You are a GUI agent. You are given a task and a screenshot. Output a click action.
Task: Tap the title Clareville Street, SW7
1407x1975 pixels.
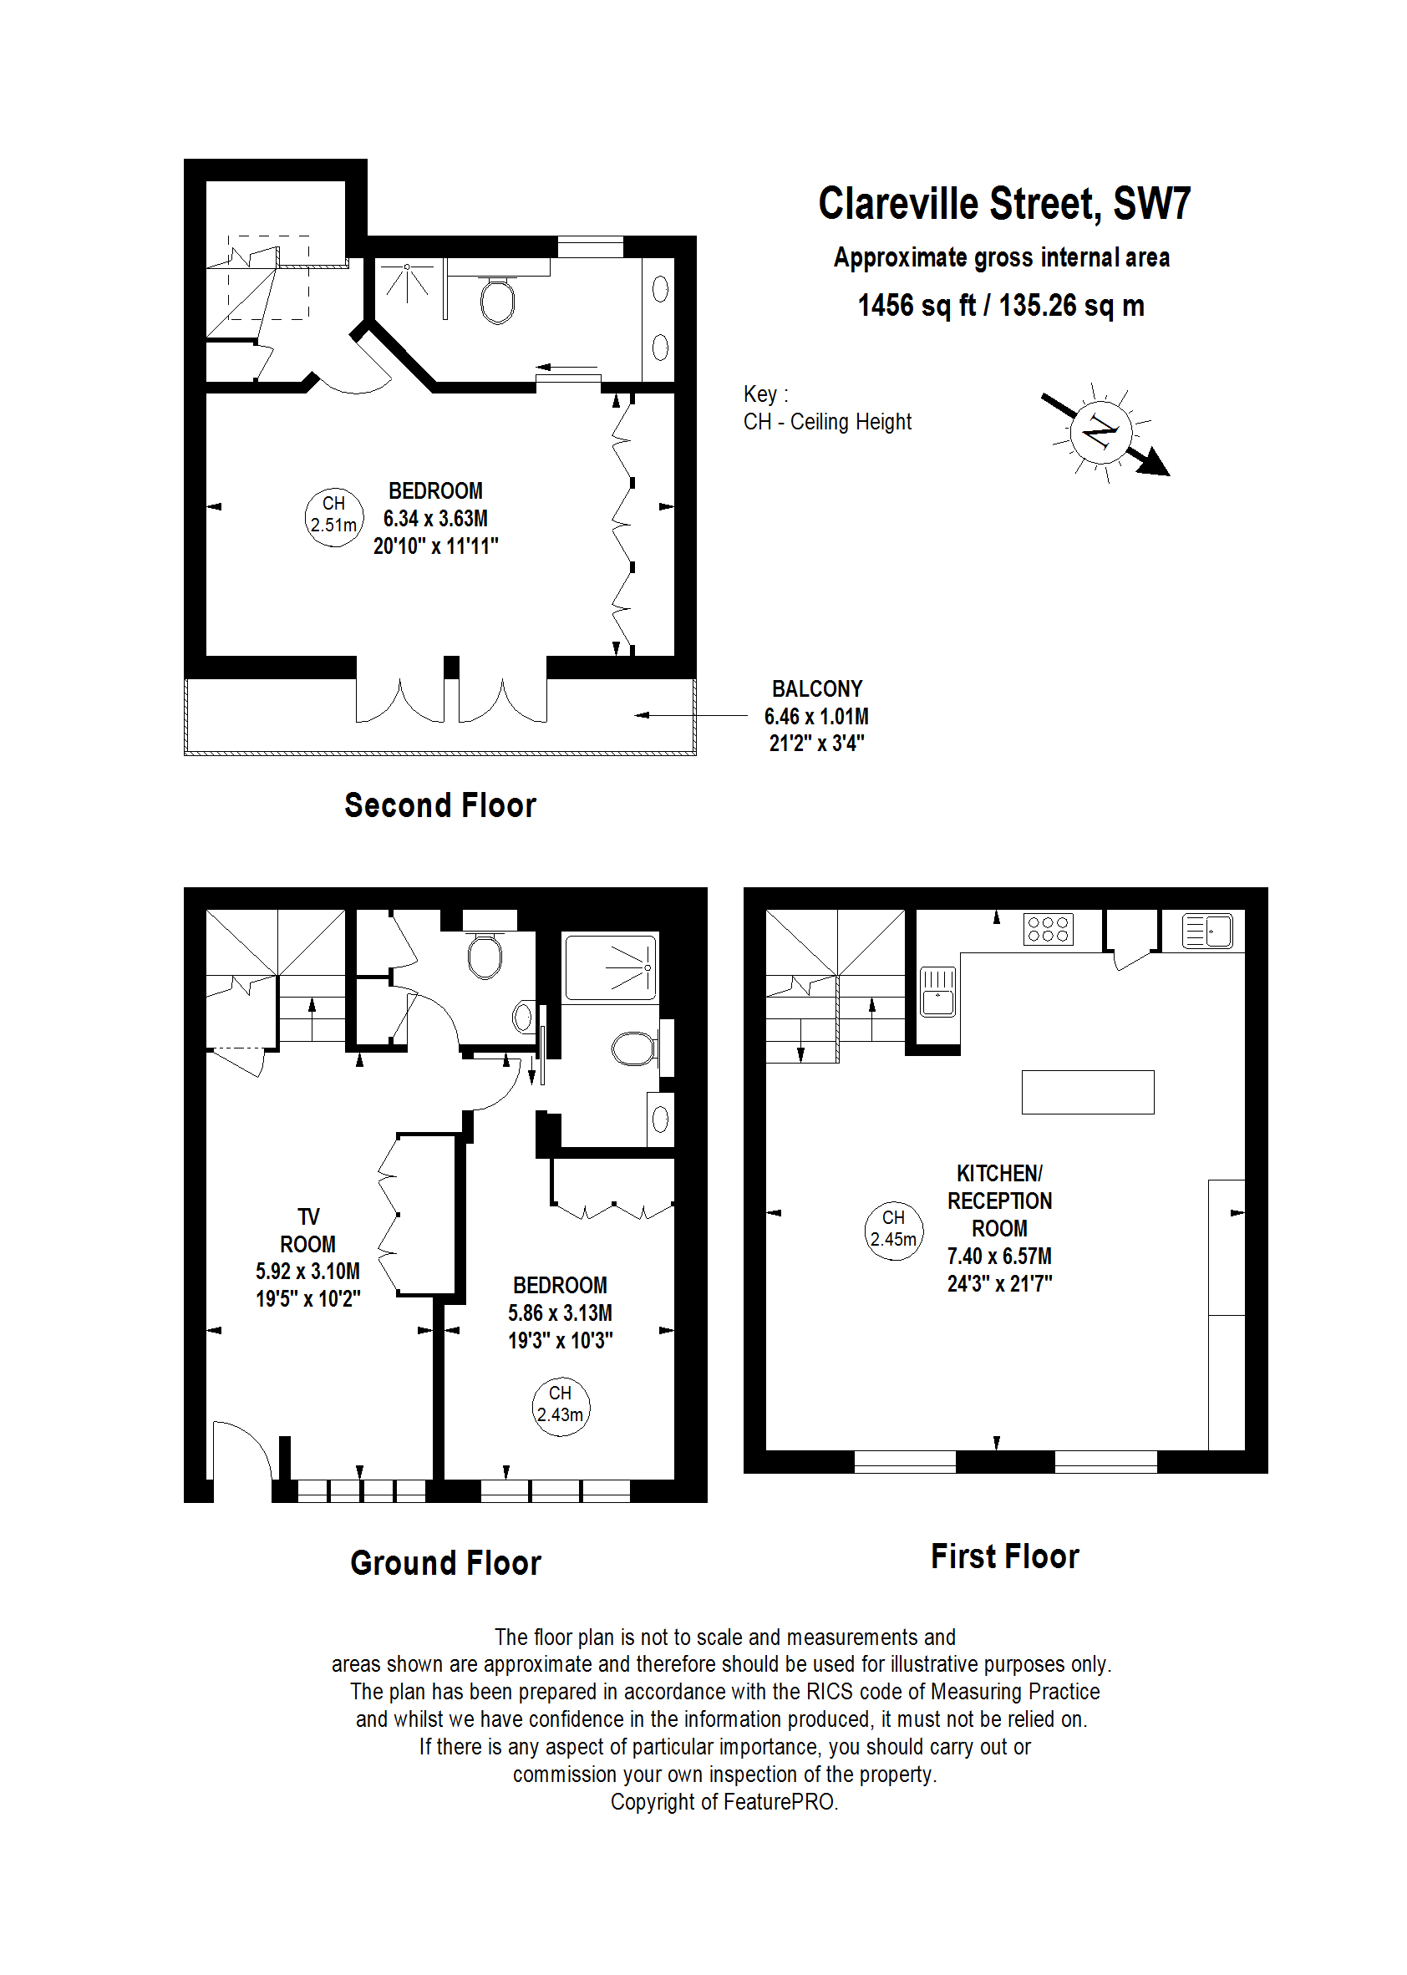click(x=1004, y=204)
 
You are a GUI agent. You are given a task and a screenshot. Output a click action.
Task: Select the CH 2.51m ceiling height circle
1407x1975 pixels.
click(x=334, y=517)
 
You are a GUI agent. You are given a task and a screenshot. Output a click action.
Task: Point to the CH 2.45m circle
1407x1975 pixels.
click(x=893, y=1229)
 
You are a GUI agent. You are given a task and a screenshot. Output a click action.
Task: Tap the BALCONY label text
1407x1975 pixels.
click(x=816, y=688)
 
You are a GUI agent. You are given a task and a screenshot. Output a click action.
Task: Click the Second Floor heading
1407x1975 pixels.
click(x=440, y=805)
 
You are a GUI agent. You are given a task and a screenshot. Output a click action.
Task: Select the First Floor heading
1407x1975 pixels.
click(x=1004, y=1556)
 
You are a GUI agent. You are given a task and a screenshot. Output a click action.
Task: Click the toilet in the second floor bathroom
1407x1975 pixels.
click(x=497, y=300)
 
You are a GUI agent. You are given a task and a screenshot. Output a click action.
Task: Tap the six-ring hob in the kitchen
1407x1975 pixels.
click(x=1048, y=930)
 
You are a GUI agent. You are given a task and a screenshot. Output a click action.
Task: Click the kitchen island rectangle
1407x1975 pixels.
click(x=1087, y=1091)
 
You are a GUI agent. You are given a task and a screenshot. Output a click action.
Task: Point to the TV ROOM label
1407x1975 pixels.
click(x=307, y=1230)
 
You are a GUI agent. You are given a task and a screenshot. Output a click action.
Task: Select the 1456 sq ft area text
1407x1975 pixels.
click(x=916, y=306)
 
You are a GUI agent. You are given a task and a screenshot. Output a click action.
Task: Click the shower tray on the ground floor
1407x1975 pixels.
click(x=610, y=967)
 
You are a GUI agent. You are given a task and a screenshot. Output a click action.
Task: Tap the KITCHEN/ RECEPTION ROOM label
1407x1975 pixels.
click(x=999, y=1201)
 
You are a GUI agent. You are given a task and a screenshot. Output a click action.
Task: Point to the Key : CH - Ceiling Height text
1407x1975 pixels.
click(x=826, y=408)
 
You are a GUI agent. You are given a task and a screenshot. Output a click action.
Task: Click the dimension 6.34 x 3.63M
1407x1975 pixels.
click(x=435, y=518)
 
